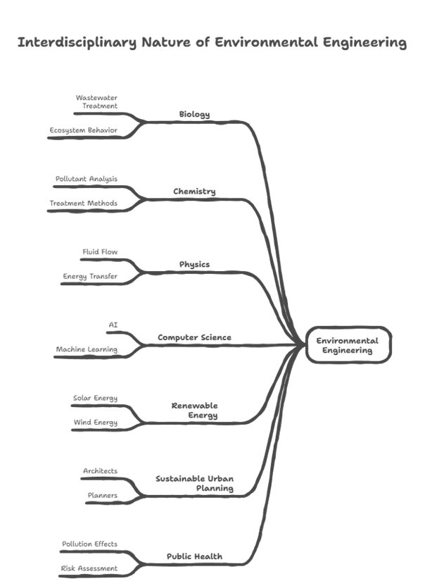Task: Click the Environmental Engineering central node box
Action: (x=348, y=345)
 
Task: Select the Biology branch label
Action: (x=194, y=114)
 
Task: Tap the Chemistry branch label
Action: (x=194, y=191)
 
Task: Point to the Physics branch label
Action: (x=194, y=264)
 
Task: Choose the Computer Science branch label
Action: (x=194, y=337)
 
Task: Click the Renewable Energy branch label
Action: (x=195, y=410)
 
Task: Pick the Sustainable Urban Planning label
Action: (x=195, y=483)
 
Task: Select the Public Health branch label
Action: (x=194, y=556)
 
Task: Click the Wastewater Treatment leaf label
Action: (x=96, y=101)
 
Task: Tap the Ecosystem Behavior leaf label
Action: (x=83, y=130)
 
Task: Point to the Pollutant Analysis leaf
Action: (x=87, y=179)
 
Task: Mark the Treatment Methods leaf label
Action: (x=83, y=203)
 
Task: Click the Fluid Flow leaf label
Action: (x=100, y=251)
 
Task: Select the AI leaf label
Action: (x=113, y=325)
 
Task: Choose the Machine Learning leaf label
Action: (x=87, y=349)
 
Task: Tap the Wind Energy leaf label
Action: (x=96, y=422)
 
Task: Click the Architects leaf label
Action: (x=100, y=470)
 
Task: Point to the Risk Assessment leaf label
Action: (x=89, y=568)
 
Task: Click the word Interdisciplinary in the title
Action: (x=77, y=42)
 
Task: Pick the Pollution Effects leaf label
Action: (x=89, y=544)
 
